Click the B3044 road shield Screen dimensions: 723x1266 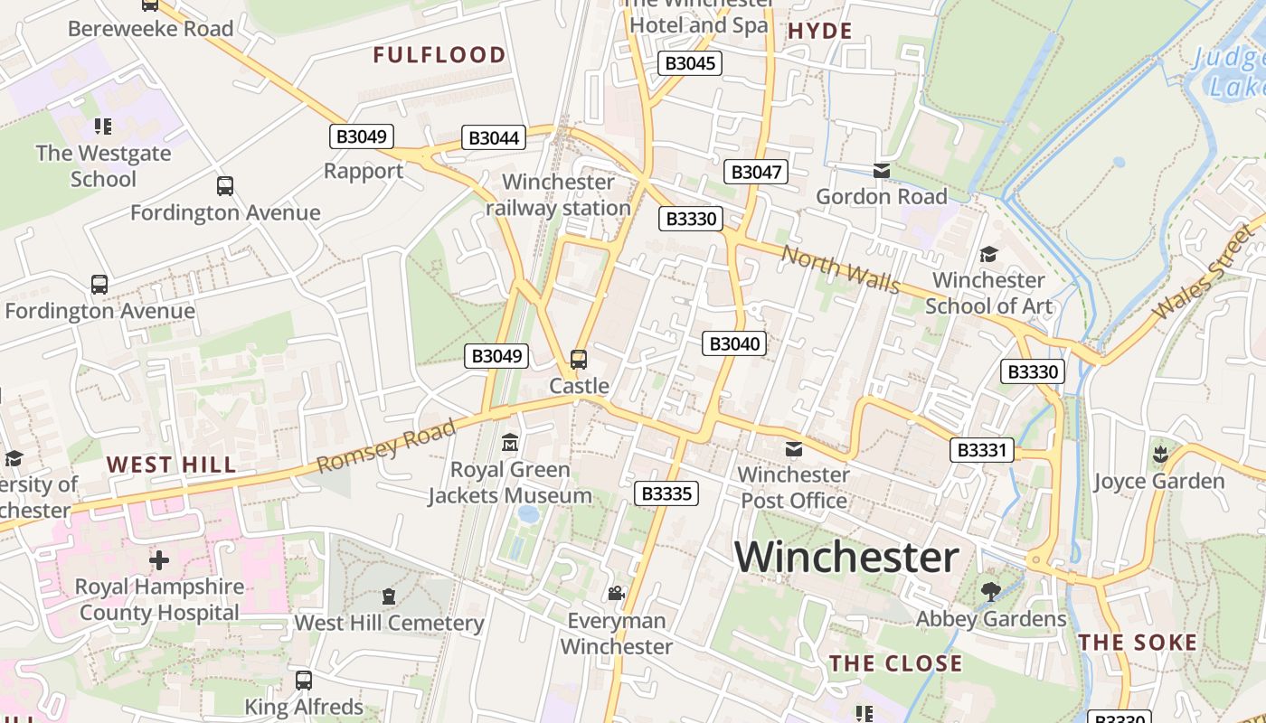pyautogui.click(x=494, y=138)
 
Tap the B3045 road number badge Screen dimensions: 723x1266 pyautogui.click(x=691, y=62)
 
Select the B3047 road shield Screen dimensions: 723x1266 pyautogui.click(x=757, y=172)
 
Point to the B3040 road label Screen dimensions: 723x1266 pyautogui.click(x=734, y=343)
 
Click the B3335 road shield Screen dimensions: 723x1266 pyautogui.click(x=666, y=493)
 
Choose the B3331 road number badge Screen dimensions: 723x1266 pyautogui.click(x=982, y=450)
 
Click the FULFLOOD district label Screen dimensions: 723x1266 pyautogui.click(x=439, y=55)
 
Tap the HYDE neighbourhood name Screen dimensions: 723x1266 pyautogui.click(x=820, y=32)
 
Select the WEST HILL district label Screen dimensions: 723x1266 pyautogui.click(x=171, y=465)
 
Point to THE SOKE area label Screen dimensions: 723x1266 pyautogui.click(x=1138, y=643)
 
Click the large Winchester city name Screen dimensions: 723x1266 pyautogui.click(x=846, y=558)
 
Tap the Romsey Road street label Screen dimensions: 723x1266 pyautogui.click(x=387, y=447)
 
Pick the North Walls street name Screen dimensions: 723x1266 pyautogui.click(x=841, y=270)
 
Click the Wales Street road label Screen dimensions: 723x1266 pyautogui.click(x=1205, y=272)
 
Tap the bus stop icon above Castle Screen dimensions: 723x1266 pyautogui.click(x=579, y=360)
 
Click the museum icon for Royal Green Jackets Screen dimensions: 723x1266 pyautogui.click(x=510, y=443)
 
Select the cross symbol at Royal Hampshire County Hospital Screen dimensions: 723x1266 pyautogui.click(x=159, y=560)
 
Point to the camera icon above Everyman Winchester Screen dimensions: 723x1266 pyautogui.click(x=616, y=594)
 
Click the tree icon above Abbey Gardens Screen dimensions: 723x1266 pyautogui.click(x=991, y=592)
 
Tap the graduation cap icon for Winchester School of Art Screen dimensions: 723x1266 pyautogui.click(x=988, y=255)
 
